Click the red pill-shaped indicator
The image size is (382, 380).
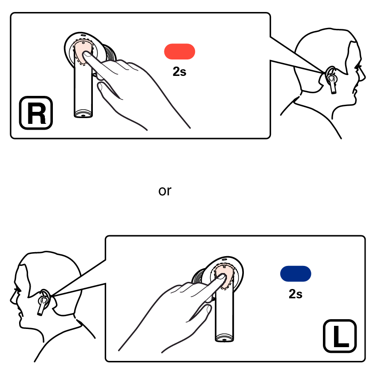(179, 51)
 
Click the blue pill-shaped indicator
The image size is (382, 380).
(295, 273)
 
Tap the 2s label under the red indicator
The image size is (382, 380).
(179, 71)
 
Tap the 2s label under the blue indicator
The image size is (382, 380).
(295, 294)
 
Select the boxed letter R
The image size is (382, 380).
(36, 113)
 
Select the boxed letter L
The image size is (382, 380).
(340, 336)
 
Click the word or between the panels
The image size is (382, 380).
(165, 190)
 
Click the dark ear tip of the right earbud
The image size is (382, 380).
(110, 52)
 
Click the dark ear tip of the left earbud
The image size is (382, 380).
(199, 276)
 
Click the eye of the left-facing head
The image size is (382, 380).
(17, 290)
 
